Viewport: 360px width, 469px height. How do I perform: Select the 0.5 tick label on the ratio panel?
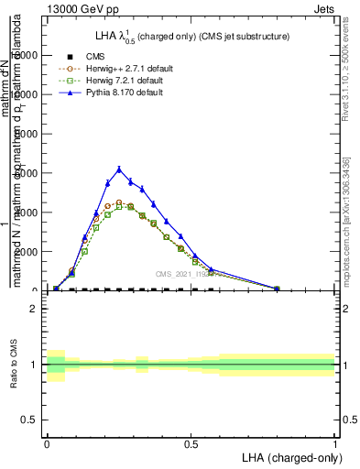(29, 420)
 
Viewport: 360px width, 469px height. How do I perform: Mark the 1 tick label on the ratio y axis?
(34, 365)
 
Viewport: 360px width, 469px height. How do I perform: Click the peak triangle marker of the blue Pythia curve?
(119, 169)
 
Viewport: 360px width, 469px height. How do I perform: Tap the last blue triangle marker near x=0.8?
(277, 288)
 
